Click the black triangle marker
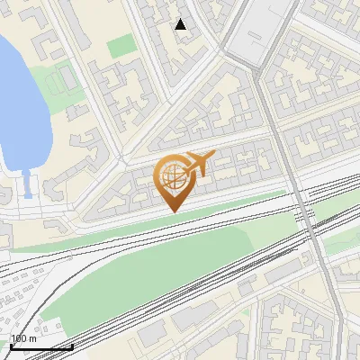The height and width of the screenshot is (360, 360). pos(181,24)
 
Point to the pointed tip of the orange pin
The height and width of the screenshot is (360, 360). pos(173,211)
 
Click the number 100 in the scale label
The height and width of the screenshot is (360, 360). pos(18,338)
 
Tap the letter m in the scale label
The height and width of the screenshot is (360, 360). pos(31,338)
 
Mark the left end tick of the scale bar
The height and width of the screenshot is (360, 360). pos(10,346)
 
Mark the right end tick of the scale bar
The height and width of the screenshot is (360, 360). pos(73,346)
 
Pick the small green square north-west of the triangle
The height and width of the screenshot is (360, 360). pos(119,45)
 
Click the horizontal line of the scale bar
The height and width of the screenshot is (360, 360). pos(41,346)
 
